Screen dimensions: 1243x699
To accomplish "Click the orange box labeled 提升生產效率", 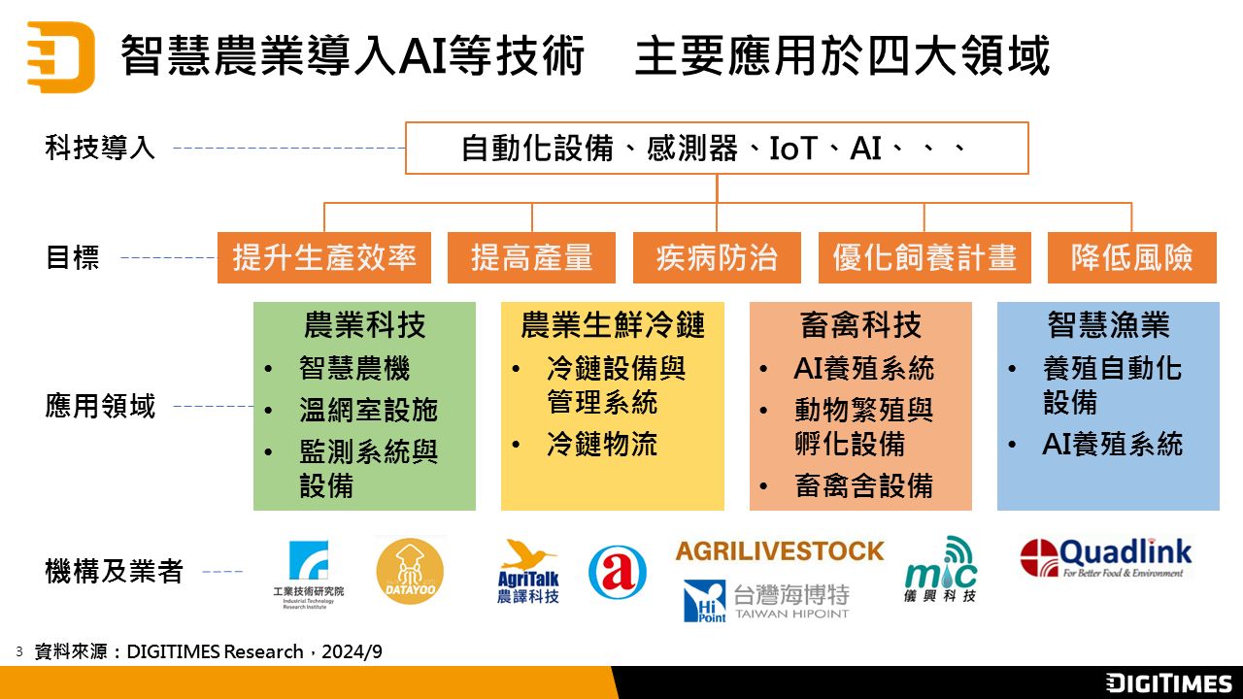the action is tap(324, 258).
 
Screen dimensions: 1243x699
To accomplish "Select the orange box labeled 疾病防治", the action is tap(717, 258).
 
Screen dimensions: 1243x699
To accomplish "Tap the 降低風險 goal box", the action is tap(1132, 258).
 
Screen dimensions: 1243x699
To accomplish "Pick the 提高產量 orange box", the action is tap(531, 258).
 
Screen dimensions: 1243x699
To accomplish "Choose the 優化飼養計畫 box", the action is tap(924, 258).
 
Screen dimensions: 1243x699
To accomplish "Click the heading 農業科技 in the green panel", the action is tap(364, 324).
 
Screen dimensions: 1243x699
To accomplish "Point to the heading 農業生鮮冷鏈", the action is tap(613, 324).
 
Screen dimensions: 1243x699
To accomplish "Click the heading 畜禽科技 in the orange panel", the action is tap(860, 324).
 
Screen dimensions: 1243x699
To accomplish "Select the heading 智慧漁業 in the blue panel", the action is tap(1108, 324).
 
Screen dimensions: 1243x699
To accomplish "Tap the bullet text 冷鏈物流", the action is tap(602, 444).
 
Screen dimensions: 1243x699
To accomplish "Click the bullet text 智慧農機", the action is tap(354, 368).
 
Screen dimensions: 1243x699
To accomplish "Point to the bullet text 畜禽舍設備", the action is tap(864, 485).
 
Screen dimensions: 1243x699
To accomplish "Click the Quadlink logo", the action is tap(1106, 558).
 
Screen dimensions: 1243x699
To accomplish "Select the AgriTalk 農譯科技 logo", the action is tap(527, 572).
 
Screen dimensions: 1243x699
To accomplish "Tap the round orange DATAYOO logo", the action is tap(410, 572).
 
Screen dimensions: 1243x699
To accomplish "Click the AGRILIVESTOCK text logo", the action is tap(780, 551).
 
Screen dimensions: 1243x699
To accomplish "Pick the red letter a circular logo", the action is tap(617, 572).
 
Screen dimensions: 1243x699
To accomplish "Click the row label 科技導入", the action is tap(100, 149).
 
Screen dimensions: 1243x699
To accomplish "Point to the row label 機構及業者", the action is tap(114, 572).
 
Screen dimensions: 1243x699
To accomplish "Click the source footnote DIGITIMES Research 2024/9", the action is tap(208, 651).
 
